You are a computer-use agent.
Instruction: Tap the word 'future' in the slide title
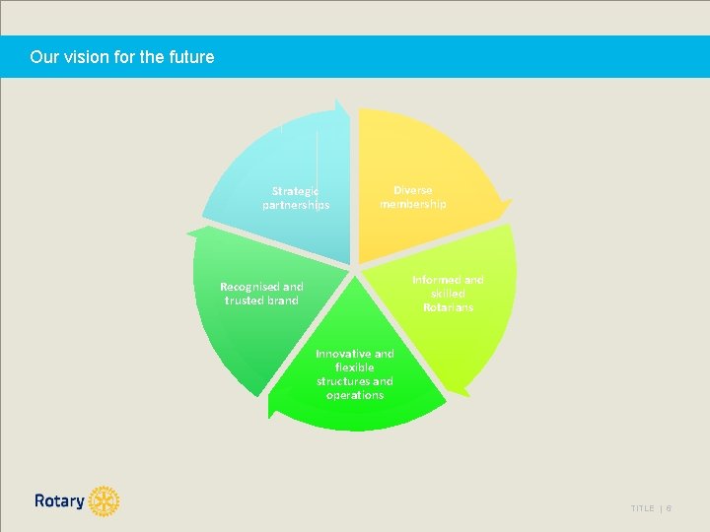coord(191,57)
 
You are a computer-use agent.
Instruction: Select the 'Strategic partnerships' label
coord(296,198)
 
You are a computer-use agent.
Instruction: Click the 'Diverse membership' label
coord(413,197)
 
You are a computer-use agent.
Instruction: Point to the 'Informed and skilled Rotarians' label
coord(448,294)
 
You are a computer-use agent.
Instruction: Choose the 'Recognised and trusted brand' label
coord(261,294)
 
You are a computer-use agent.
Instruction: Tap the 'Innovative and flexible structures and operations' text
coord(355,373)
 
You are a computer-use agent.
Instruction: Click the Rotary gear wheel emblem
coord(104,501)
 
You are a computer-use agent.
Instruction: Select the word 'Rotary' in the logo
coord(59,501)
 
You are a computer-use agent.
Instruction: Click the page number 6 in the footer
coord(668,508)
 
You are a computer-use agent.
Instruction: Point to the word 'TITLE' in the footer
coord(642,508)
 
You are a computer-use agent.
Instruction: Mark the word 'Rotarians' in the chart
coord(448,307)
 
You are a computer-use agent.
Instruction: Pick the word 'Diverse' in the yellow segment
coord(413,190)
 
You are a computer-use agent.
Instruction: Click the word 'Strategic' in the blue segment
coord(296,191)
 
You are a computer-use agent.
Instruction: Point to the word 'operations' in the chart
coord(355,395)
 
